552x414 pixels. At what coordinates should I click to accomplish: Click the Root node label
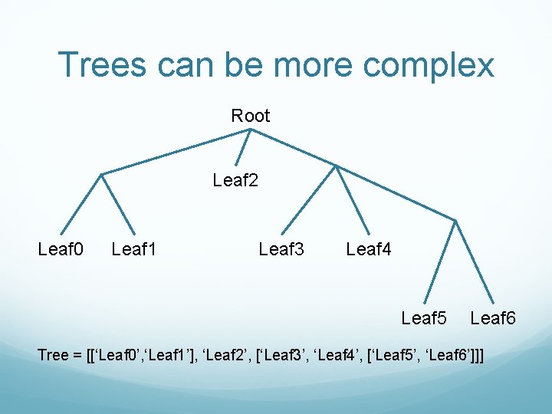(251, 116)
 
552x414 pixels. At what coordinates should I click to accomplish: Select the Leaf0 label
(61, 248)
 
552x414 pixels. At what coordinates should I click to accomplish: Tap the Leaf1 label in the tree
(134, 248)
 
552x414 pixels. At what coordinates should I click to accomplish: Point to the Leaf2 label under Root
(235, 181)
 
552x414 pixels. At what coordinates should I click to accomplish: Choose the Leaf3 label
(281, 248)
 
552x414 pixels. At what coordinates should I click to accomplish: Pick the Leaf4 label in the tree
(369, 248)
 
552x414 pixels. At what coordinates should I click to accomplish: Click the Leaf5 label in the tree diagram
(424, 317)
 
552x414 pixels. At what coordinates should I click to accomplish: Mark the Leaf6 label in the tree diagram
(493, 317)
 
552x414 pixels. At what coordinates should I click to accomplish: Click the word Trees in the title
(104, 64)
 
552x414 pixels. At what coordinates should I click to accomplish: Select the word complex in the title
(429, 66)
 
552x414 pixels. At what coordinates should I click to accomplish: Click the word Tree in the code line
(53, 355)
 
